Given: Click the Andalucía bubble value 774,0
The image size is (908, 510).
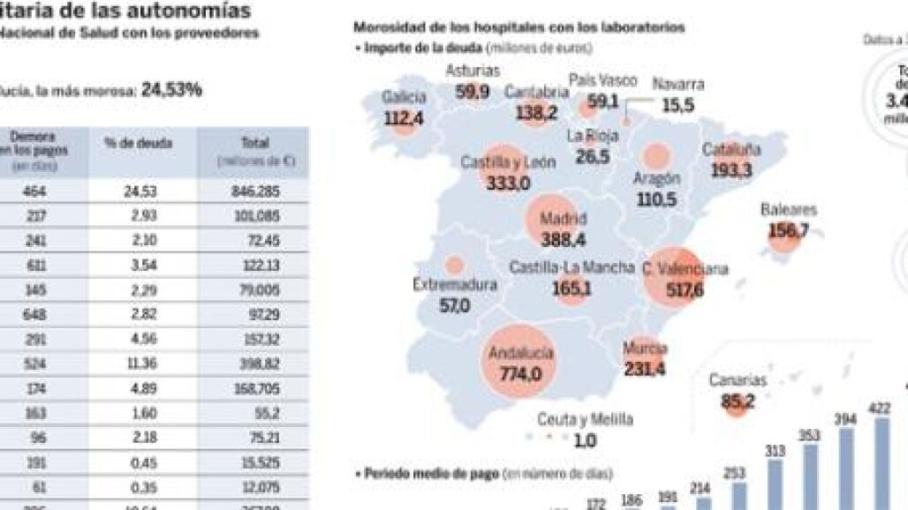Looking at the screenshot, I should [519, 374].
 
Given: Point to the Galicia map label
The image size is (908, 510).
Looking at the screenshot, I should [404, 97].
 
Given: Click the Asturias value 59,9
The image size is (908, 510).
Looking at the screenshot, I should [473, 91].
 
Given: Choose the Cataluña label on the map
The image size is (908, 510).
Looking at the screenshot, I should [731, 150].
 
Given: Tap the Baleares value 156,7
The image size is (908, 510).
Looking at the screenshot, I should [789, 231].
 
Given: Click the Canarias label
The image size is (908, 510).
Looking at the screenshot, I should [738, 380].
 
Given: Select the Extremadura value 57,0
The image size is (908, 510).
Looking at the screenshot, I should [455, 306].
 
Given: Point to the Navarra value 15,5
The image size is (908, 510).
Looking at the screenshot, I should [678, 105].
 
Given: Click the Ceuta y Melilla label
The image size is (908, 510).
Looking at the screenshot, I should [585, 421].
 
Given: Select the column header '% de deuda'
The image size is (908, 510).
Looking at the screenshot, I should [138, 143].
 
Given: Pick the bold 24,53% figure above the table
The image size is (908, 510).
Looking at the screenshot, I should [171, 89].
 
